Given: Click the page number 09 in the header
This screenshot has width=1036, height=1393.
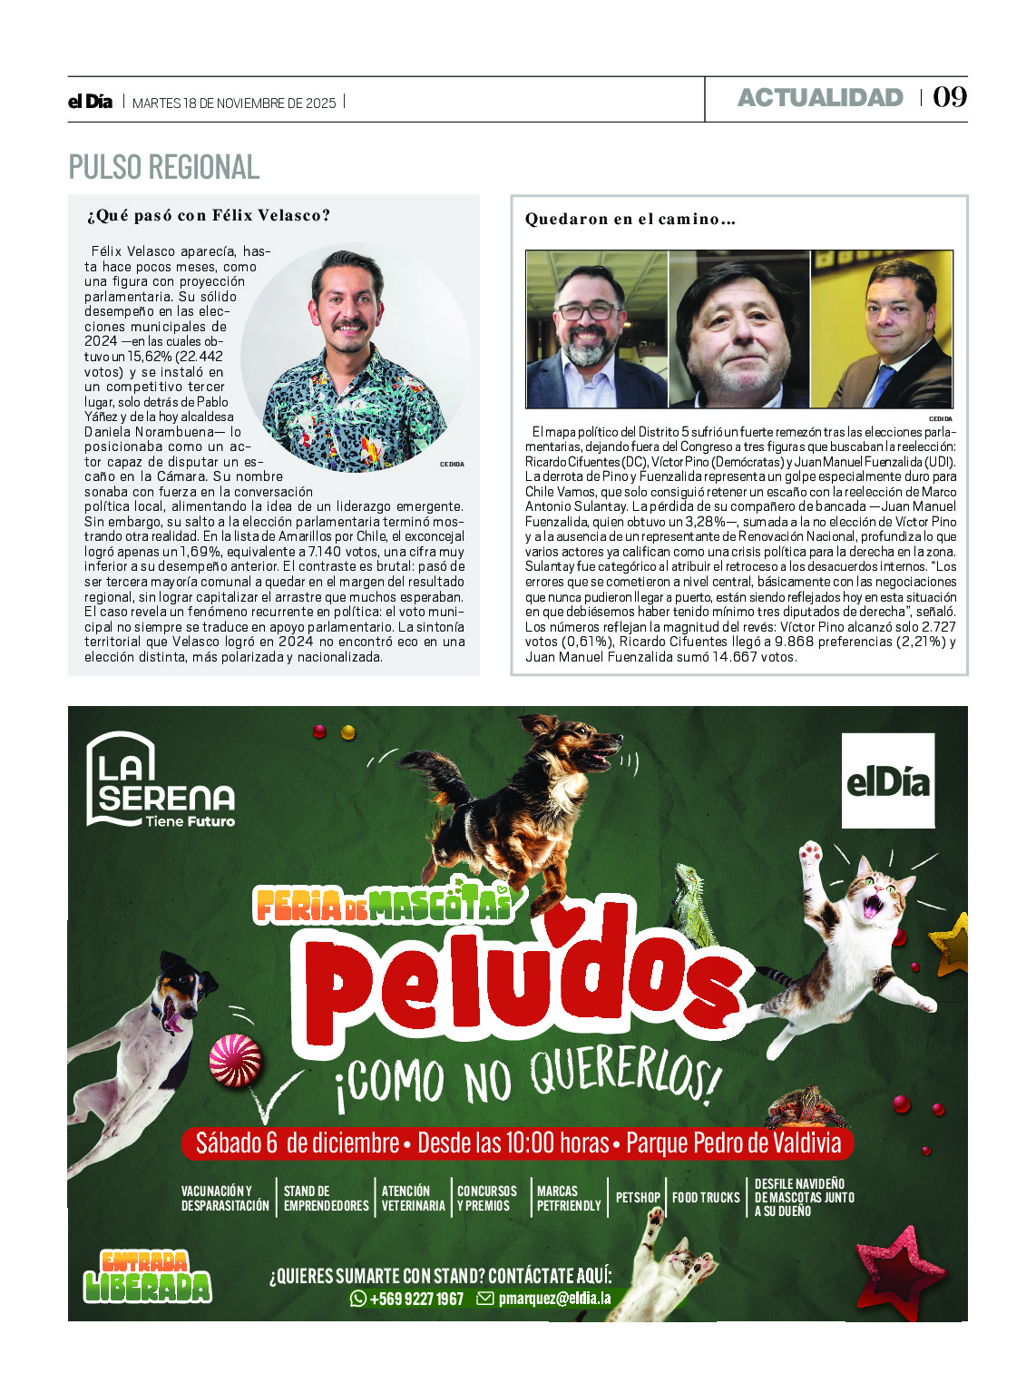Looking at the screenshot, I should coord(950,97).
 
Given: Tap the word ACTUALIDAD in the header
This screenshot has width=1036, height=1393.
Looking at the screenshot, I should coord(820,98).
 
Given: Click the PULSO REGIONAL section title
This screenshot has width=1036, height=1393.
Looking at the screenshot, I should coord(164,168).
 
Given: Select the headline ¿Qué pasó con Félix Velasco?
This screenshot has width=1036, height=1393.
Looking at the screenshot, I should coord(208,216).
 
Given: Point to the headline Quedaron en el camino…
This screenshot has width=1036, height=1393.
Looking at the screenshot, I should coord(630,219).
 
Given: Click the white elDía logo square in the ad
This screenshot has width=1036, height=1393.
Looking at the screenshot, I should coord(887,780).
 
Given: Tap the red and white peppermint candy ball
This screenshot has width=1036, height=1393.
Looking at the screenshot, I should coord(236,1060).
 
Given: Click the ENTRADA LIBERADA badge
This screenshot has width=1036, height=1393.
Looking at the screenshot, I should coord(147,1276).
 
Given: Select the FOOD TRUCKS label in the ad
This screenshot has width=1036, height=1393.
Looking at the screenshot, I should coord(706,1198).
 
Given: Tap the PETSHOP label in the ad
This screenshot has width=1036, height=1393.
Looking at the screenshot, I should coord(638,1198).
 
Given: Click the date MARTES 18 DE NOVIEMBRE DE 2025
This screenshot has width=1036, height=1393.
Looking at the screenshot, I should coord(234,103).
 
